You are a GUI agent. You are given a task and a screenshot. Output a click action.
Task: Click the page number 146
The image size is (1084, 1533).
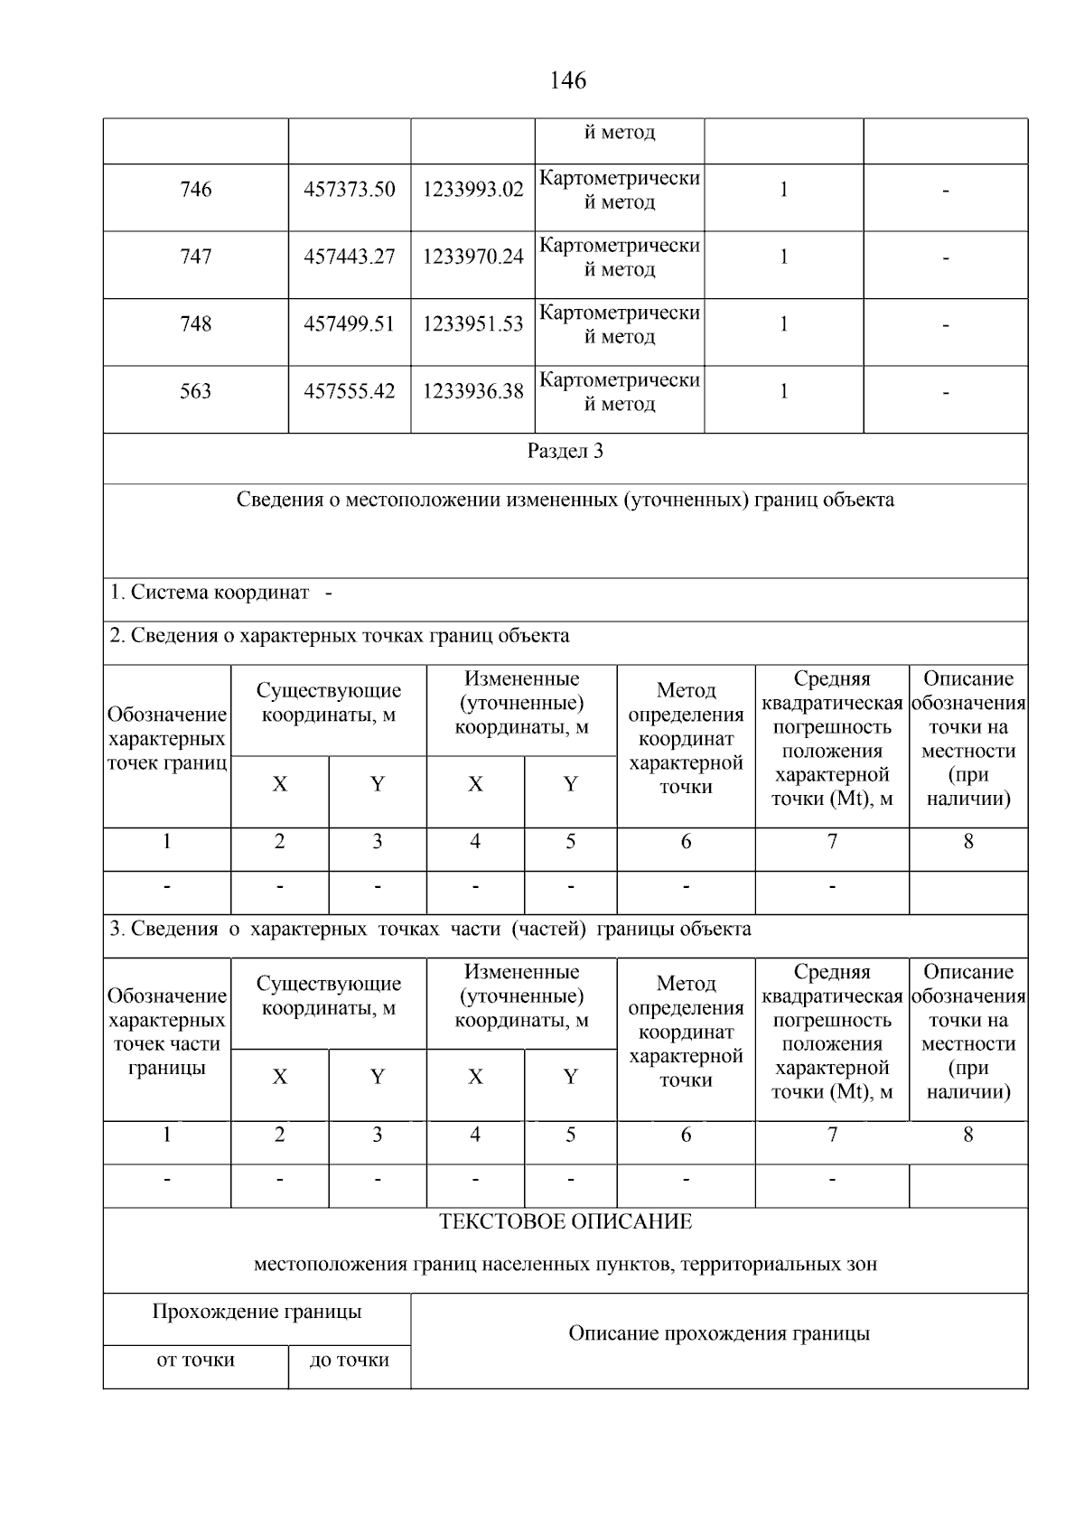coord(567,81)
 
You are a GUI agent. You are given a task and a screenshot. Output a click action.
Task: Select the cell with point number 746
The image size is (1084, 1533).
coord(196,190)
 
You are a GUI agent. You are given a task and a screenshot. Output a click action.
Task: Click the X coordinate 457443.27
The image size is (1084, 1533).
coord(350,257)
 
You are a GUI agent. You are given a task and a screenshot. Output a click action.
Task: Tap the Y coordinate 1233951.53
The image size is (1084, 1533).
coord(473,324)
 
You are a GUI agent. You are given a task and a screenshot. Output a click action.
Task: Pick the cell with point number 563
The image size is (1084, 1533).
coord(196,392)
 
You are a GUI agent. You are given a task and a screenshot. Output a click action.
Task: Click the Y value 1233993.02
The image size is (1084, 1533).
coord(473,190)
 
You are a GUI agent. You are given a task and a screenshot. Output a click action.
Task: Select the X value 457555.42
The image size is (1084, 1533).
coord(350,392)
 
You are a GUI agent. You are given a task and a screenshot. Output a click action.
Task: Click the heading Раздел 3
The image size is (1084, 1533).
coord(565,452)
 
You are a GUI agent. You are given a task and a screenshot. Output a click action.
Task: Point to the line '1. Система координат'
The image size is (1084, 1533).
coord(210,594)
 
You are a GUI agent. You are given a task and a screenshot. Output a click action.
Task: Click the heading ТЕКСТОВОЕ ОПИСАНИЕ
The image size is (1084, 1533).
coord(565,1222)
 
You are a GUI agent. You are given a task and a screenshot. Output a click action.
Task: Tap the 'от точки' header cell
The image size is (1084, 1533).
coord(196,1360)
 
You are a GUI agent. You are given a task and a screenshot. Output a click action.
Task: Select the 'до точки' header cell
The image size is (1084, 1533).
coord(350,1360)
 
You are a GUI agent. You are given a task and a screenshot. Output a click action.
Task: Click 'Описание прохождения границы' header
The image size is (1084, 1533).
coord(719,1334)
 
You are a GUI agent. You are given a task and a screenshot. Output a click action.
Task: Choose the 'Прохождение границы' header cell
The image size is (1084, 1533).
coord(257,1313)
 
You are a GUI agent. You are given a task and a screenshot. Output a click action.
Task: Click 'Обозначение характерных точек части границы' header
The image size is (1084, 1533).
coord(167,1032)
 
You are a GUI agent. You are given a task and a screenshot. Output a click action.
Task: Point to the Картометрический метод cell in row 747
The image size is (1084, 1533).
coord(620,257)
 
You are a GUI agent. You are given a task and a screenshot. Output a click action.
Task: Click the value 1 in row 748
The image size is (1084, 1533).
coord(784,324)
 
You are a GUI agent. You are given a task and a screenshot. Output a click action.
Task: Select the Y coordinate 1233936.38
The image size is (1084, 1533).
coord(473,392)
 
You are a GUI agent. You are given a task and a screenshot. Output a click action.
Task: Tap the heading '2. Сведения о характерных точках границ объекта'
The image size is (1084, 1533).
coord(340,636)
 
